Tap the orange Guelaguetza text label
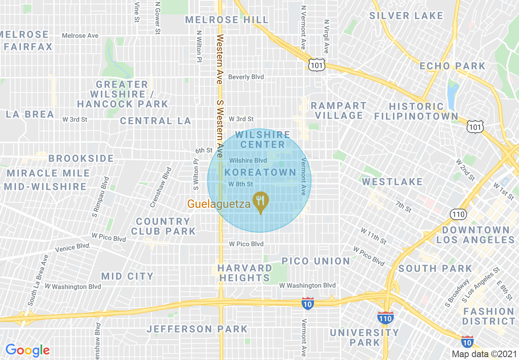coord(219,204)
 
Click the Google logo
coord(27,350)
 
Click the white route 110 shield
coord(458,214)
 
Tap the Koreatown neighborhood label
coord(260,172)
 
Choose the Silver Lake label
coord(406,16)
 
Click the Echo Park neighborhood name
coord(452,66)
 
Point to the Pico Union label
coord(316,261)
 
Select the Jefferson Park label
coord(197,329)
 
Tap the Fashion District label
coord(489,316)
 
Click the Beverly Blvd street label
coord(246,77)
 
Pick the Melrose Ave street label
coord(80,36)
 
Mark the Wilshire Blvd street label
coord(248,160)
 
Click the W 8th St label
coord(241,184)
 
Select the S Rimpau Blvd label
coord(101,197)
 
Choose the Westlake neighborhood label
coord(392,181)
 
